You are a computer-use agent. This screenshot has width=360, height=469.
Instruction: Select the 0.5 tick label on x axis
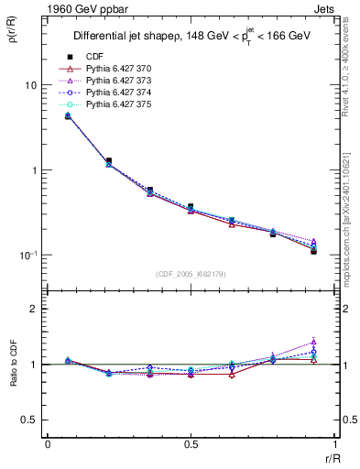pos(190,444)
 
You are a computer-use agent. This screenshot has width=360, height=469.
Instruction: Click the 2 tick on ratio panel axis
pos(33,309)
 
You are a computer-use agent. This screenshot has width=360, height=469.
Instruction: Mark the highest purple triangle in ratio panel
pos(313,342)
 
